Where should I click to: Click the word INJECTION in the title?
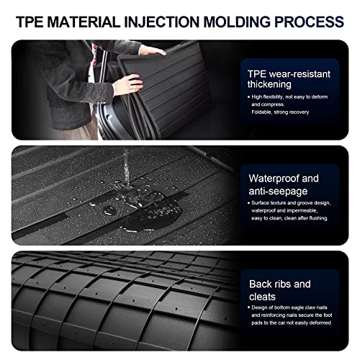point(161,22)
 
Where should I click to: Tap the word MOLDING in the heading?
point(237,22)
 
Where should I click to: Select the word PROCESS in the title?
point(309,22)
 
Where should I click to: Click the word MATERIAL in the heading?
point(84,22)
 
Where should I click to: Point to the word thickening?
point(269,84)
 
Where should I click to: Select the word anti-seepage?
point(278,192)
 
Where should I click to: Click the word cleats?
point(262,297)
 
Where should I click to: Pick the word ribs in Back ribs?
point(282,284)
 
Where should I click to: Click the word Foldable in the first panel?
point(261,112)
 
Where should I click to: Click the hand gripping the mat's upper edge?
point(151,50)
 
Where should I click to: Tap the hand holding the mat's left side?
point(128,84)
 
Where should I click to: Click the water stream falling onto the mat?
point(126,167)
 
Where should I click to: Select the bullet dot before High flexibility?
point(248,97)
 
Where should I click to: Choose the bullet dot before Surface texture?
point(248,203)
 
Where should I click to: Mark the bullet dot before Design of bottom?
point(248,307)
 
